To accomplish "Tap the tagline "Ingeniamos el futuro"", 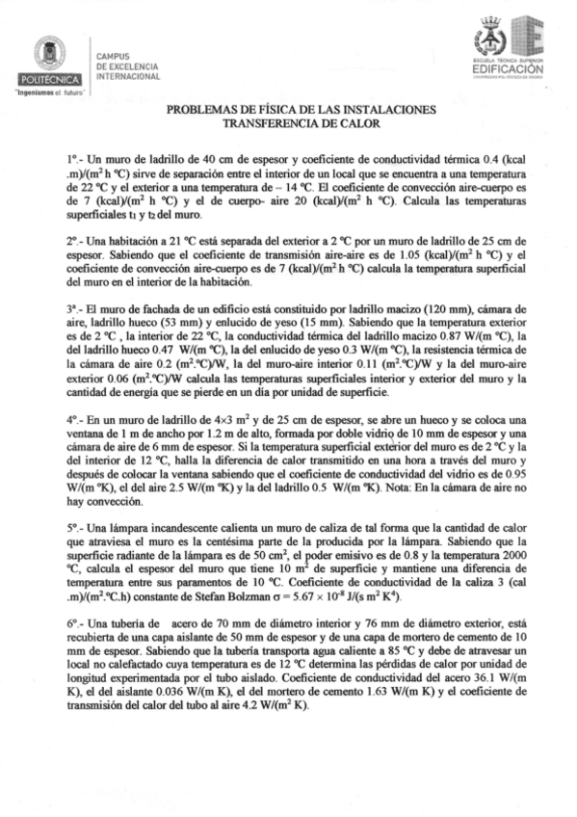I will (x=49, y=92).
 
